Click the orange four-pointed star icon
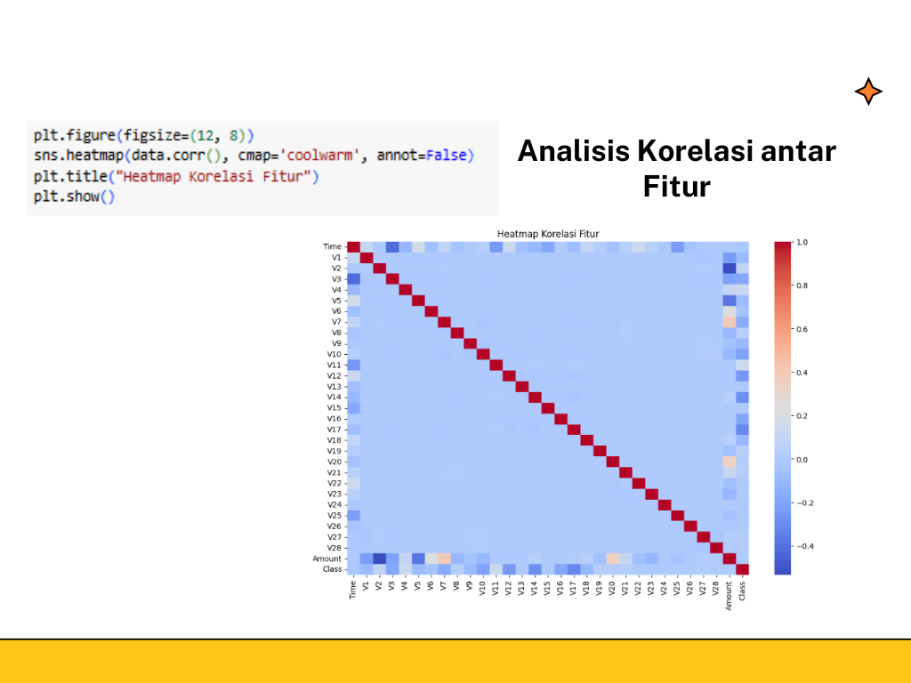click(x=868, y=92)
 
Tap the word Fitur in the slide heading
click(x=677, y=187)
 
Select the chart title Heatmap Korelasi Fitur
click(x=548, y=233)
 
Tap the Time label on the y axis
click(x=332, y=246)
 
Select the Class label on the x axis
click(x=742, y=591)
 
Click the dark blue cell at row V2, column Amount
click(x=730, y=269)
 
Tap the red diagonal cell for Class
click(x=742, y=569)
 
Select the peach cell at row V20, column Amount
click(x=730, y=462)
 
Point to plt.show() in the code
click(x=75, y=197)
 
